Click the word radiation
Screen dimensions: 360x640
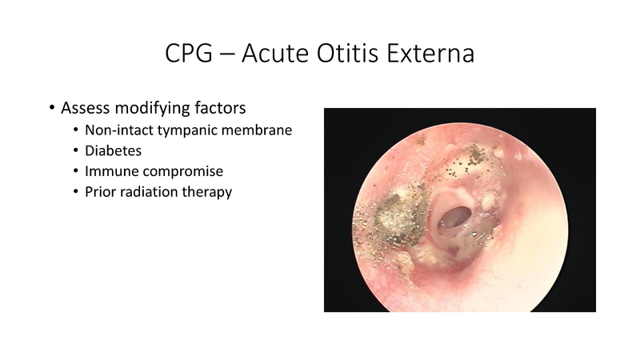[154, 192]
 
